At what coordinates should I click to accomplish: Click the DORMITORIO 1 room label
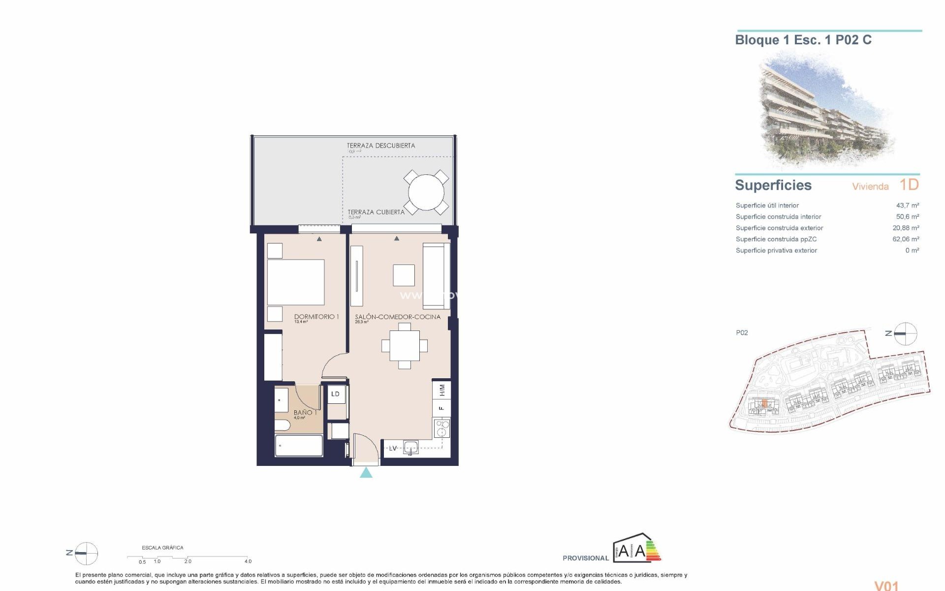(316, 317)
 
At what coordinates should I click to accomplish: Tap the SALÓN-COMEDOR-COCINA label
(398, 317)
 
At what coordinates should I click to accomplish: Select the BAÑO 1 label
(305, 412)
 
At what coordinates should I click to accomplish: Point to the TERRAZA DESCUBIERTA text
(380, 146)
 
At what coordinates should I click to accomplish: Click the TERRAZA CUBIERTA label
(376, 212)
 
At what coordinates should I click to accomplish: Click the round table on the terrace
(426, 192)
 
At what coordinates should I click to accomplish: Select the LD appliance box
(336, 394)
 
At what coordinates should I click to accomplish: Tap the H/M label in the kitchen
(442, 390)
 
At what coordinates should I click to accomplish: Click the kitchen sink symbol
(410, 448)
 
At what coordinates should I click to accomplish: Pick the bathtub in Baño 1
(299, 446)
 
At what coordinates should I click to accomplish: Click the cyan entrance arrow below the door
(366, 473)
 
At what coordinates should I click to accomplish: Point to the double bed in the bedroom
(295, 282)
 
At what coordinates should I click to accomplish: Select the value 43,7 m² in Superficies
(907, 205)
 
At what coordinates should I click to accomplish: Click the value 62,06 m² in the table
(906, 239)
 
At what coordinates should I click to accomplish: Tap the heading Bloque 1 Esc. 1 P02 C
(803, 40)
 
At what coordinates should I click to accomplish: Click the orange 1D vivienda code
(909, 185)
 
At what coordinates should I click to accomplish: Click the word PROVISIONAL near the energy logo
(586, 558)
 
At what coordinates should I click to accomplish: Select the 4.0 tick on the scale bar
(248, 561)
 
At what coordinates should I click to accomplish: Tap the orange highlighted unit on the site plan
(764, 404)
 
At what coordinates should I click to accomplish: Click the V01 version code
(886, 585)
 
